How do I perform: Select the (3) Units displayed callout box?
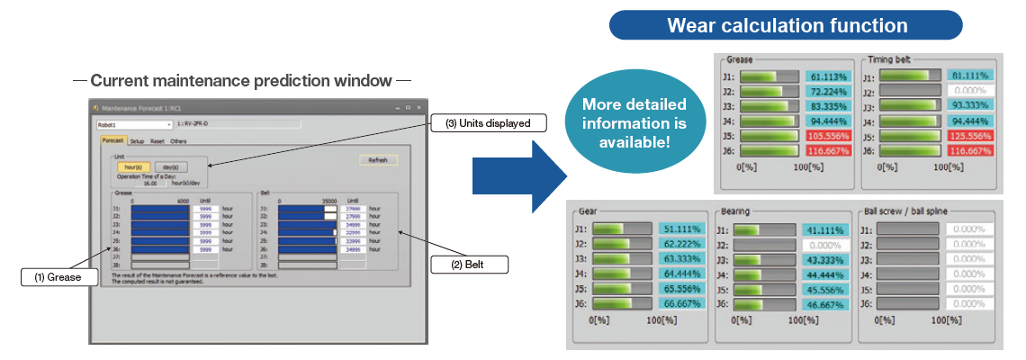(x=488, y=123)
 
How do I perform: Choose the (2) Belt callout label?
(x=470, y=265)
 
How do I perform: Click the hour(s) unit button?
(x=130, y=167)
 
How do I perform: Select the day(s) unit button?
(x=171, y=167)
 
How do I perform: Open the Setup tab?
(x=137, y=141)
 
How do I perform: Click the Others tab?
(x=179, y=141)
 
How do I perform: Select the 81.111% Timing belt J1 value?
(x=968, y=77)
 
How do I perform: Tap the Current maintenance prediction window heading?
(x=241, y=81)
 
